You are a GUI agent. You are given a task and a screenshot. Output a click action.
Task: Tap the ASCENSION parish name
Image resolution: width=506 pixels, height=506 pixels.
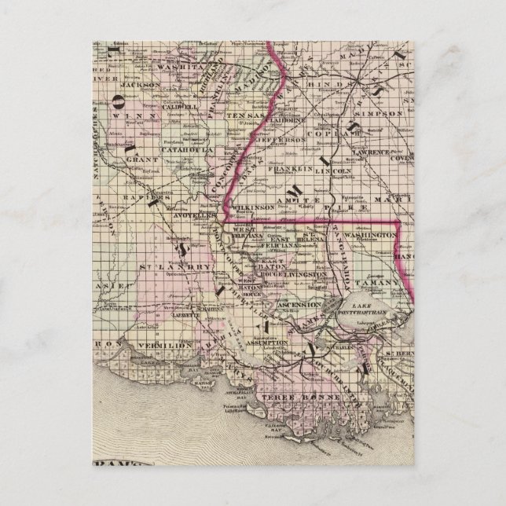click(x=299, y=304)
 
